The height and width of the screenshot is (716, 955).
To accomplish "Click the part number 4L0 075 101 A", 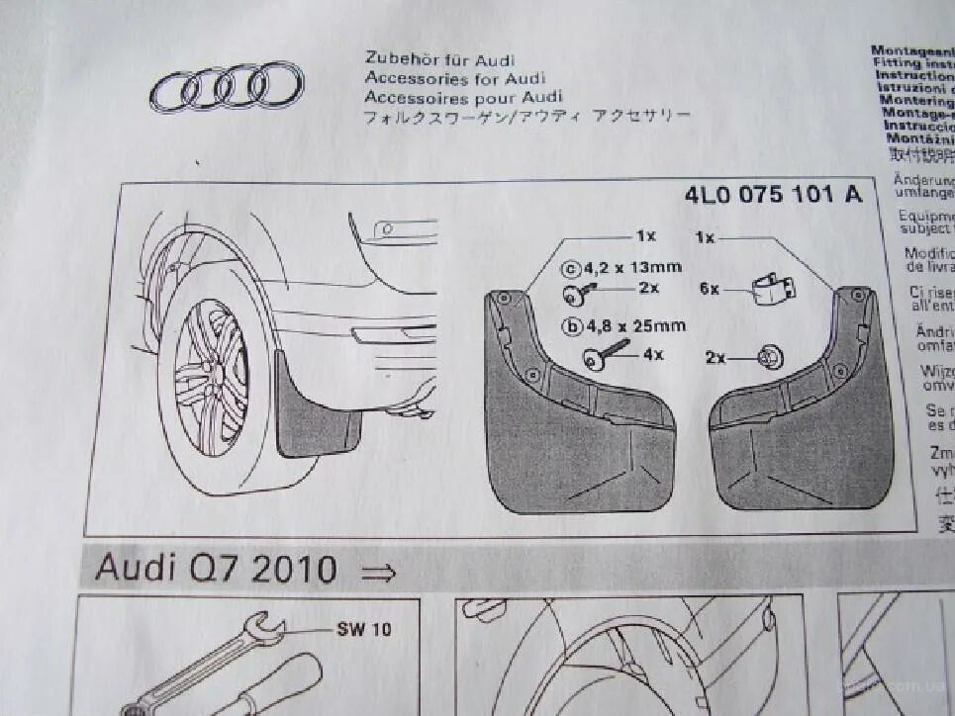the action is [772, 195].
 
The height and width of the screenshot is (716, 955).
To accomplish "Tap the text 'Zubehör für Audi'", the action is [439, 60].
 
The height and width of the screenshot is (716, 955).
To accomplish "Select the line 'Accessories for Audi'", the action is [454, 78].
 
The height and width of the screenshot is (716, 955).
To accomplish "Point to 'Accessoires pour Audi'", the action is [462, 97].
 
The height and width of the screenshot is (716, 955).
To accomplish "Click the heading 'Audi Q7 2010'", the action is [216, 570].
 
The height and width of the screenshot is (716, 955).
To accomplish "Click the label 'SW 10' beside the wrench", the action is [363, 628].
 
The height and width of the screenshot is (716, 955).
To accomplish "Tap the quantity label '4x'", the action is [653, 354].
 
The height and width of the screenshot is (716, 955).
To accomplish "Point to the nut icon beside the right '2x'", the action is [768, 358].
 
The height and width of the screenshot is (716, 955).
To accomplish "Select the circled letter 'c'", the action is [569, 268].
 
